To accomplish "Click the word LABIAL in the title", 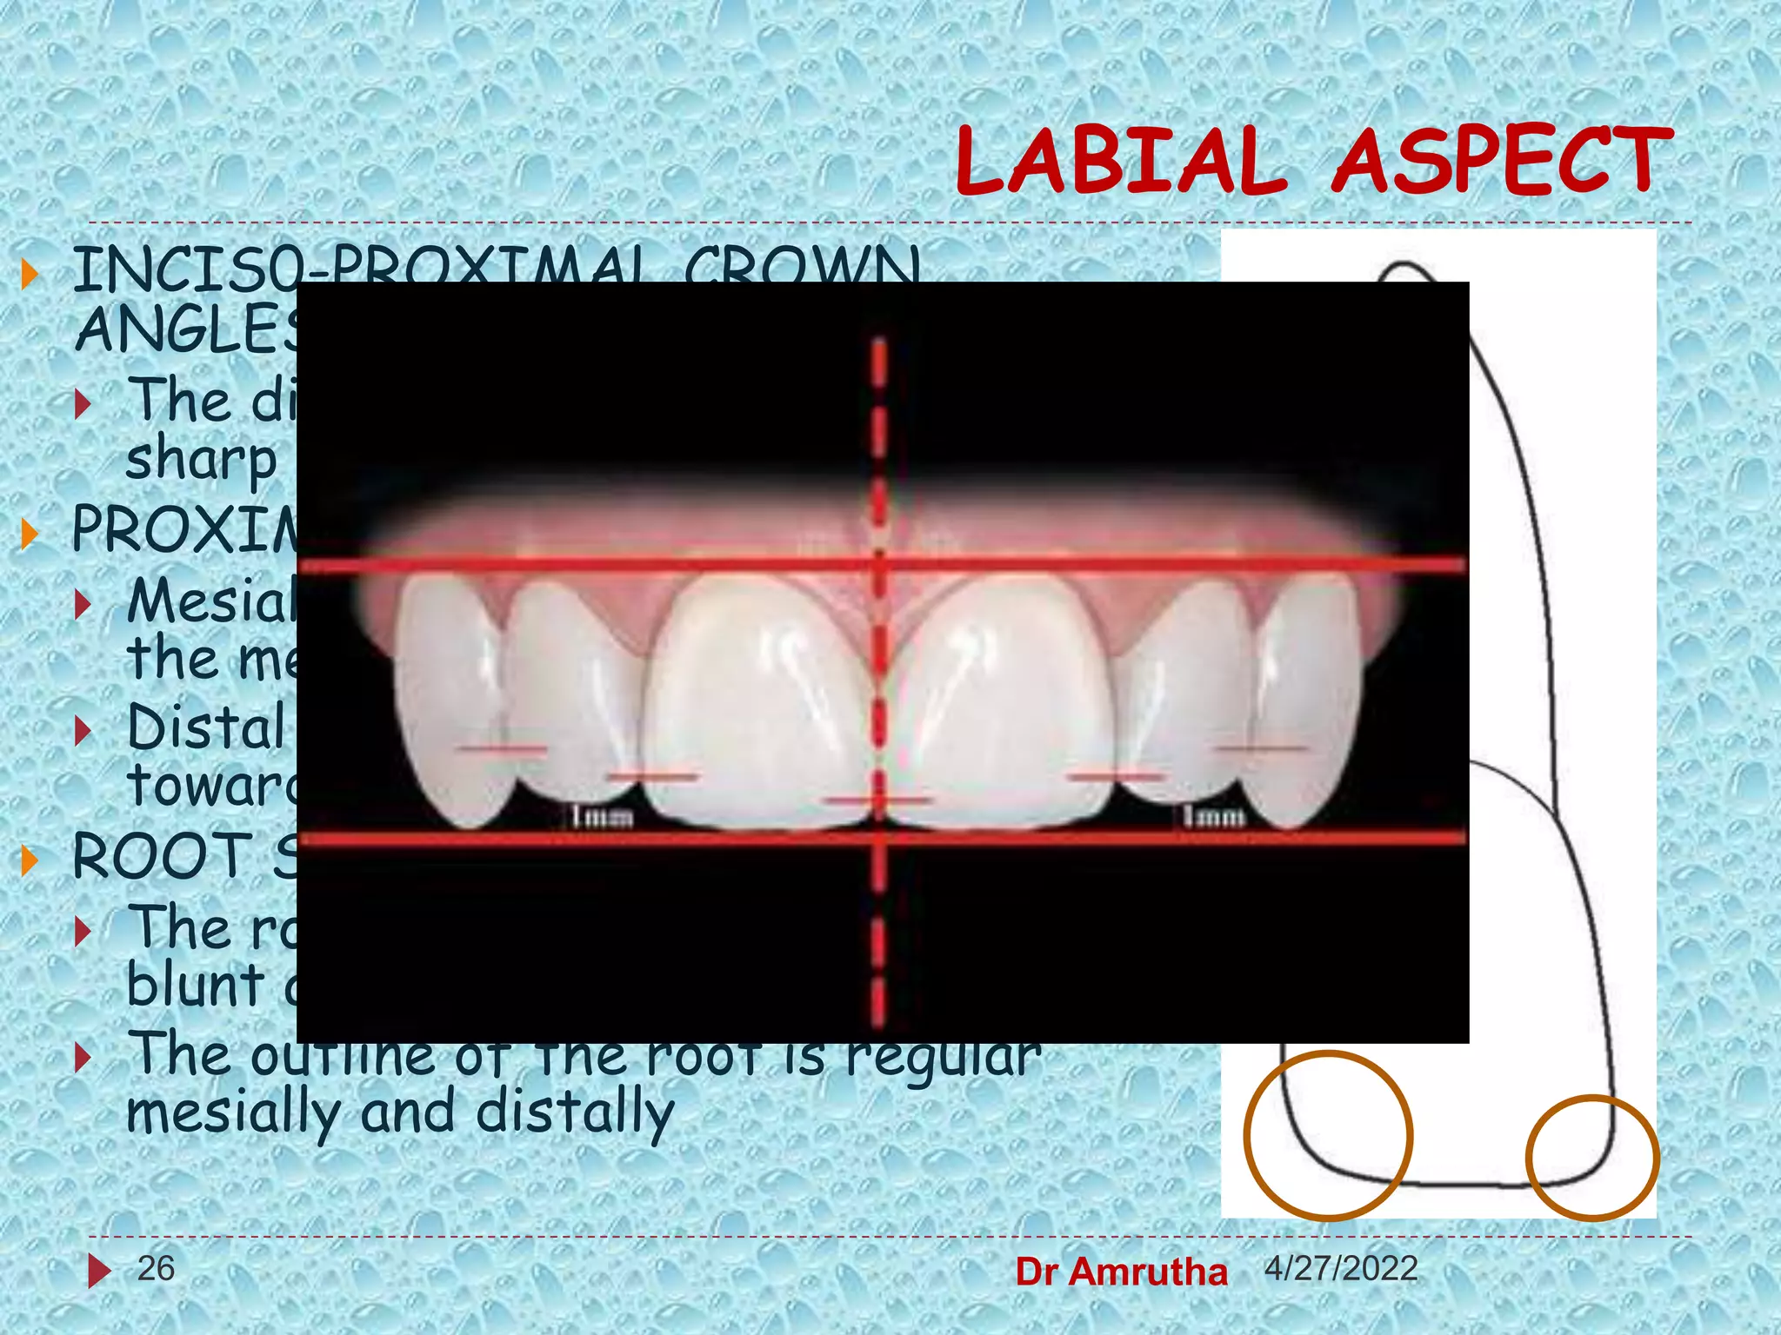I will point(1120,162).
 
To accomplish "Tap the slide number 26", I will point(156,1269).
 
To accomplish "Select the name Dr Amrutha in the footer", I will point(1121,1272).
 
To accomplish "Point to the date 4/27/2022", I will point(1341,1269).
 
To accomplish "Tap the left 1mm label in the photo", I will point(602,817).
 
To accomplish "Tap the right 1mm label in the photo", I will point(1214,816).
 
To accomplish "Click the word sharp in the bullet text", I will point(201,460).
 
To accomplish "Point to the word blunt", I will point(196,986).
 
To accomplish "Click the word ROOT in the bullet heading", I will point(162,857).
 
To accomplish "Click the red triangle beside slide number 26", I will point(98,1271).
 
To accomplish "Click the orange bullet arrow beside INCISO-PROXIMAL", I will point(30,274).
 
